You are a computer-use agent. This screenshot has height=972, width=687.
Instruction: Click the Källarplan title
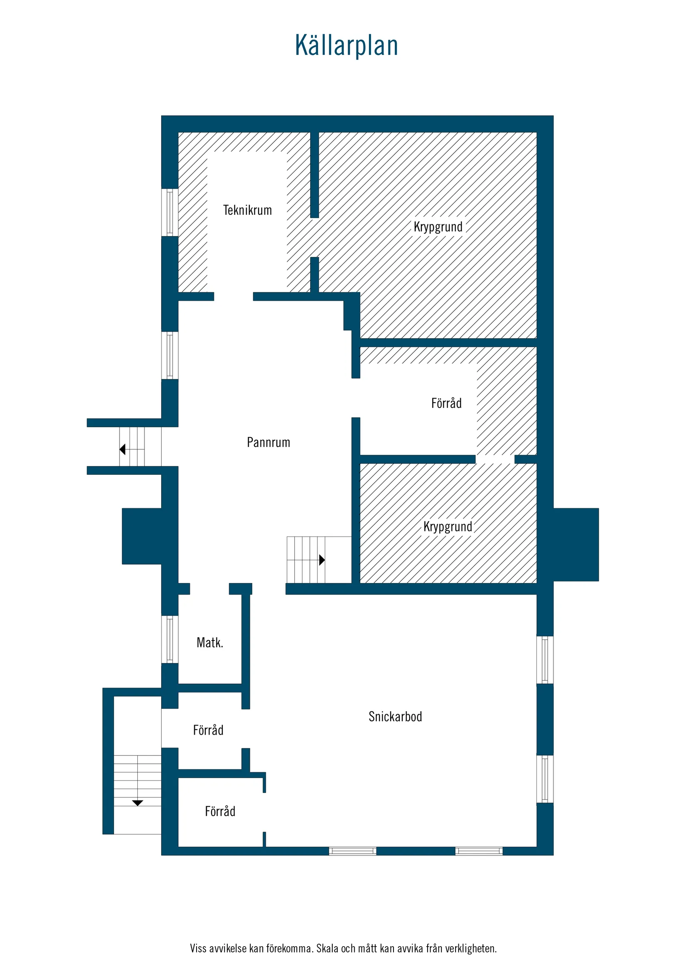[346, 46]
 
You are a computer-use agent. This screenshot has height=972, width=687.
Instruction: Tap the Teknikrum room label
[247, 210]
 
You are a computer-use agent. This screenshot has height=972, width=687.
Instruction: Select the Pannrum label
[269, 442]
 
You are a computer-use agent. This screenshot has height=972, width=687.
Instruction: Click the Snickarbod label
[395, 717]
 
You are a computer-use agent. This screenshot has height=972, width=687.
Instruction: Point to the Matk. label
[209, 643]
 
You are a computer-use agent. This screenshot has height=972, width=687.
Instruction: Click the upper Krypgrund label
[438, 227]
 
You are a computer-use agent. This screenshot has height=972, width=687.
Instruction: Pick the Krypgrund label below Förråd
[448, 527]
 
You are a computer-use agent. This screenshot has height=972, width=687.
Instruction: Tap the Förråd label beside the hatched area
[446, 403]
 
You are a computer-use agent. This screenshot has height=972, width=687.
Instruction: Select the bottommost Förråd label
[220, 811]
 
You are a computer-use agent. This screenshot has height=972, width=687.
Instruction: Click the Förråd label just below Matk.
[208, 730]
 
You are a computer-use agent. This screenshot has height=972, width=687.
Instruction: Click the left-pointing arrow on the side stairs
[122, 449]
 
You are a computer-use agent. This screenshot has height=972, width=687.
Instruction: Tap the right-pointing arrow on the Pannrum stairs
[322, 560]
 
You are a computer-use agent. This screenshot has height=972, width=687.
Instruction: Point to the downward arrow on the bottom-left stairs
[137, 803]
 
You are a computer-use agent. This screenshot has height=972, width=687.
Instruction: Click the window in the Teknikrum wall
[170, 212]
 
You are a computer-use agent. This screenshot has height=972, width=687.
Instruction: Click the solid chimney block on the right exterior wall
[576, 544]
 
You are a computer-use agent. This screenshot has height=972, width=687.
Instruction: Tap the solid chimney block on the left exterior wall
[142, 536]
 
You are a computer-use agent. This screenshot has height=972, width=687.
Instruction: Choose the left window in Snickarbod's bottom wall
[353, 851]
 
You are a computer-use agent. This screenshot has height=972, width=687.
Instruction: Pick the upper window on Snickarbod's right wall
[545, 660]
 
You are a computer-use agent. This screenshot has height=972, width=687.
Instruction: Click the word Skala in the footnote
[327, 948]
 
